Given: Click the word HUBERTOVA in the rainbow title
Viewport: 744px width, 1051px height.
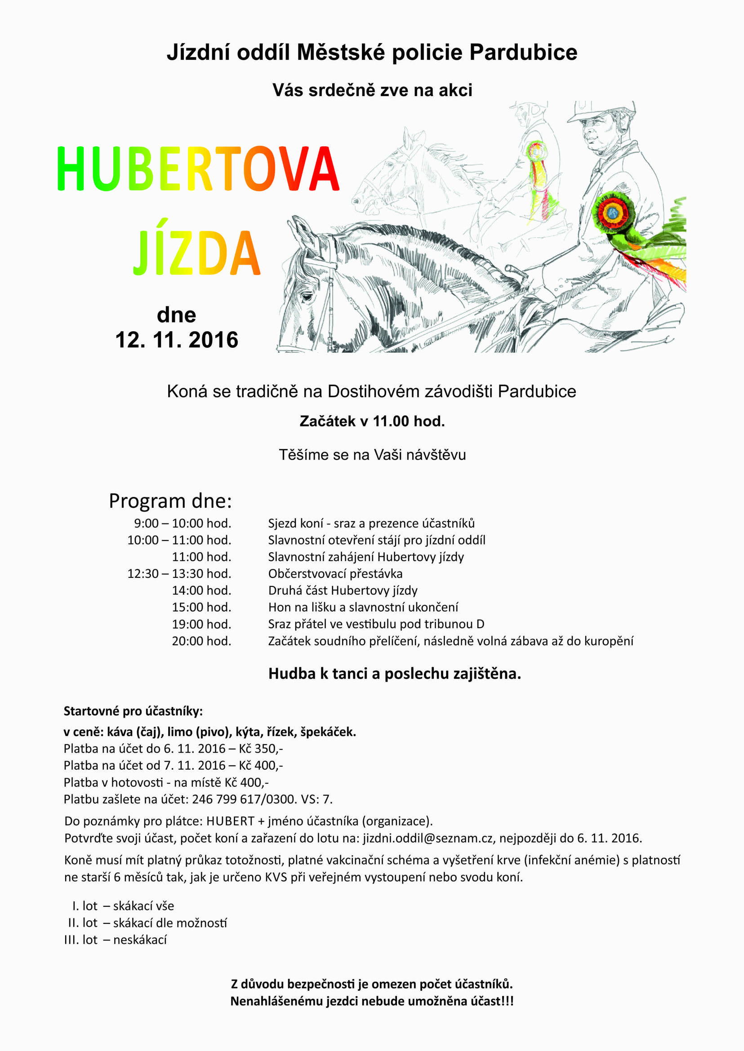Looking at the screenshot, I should pos(198,169).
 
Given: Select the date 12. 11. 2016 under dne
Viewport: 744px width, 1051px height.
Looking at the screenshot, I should pos(176,340).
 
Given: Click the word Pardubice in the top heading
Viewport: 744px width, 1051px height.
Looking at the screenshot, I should pos(523,52).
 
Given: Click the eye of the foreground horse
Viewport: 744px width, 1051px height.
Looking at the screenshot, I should pos(307,297).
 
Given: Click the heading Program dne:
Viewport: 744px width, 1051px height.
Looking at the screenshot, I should pos(170,501).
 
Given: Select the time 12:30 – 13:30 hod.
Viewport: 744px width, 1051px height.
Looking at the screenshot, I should pos(179,573).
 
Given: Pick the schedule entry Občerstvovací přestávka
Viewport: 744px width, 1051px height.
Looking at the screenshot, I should pos(335,573).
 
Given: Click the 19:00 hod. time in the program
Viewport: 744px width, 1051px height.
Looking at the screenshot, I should pos(201,624).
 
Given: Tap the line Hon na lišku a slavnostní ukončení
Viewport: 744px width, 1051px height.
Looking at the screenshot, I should pos(363,607).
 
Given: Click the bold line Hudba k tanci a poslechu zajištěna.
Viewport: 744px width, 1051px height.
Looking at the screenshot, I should pos(394,674).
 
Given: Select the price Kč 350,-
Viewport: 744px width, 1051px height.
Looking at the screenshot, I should pos(261,748).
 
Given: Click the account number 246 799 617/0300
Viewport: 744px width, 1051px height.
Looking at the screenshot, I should pos(244,799).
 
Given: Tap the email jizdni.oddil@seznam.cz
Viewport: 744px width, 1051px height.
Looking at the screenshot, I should pos(428,838).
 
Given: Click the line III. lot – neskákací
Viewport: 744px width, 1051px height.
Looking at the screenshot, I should pos(116,940).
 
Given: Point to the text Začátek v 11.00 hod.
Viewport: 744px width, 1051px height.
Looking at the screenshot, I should pos(372,421).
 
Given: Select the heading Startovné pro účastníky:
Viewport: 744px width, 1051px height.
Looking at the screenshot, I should pos(133,711).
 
